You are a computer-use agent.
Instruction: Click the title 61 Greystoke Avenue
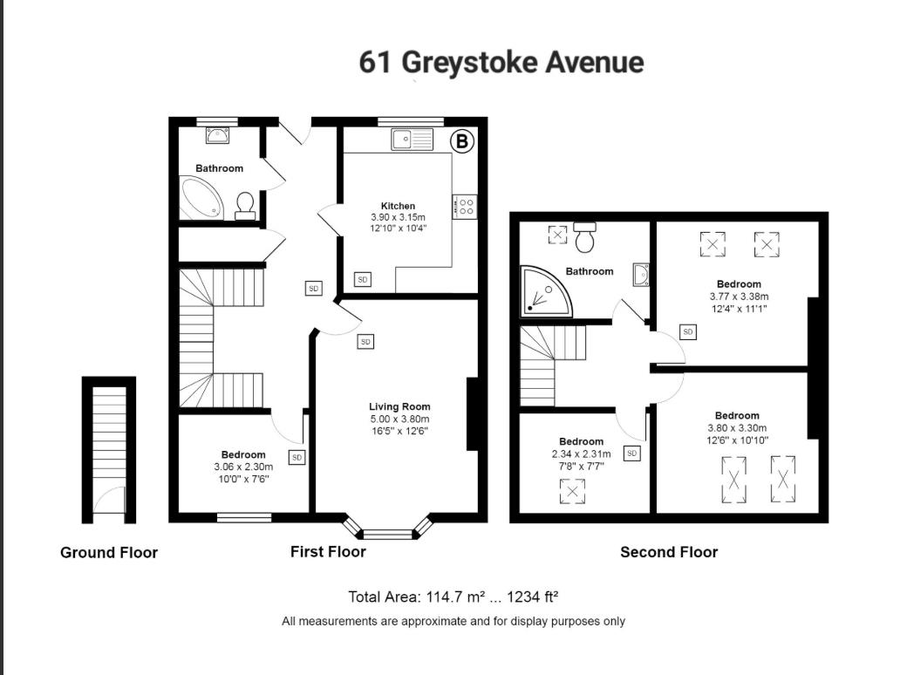click(x=501, y=63)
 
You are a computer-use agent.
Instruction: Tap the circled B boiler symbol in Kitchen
click(x=462, y=141)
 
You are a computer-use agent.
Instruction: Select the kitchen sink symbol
click(x=412, y=139)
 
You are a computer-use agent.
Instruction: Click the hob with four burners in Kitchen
click(x=466, y=206)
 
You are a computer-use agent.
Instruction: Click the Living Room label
click(x=399, y=406)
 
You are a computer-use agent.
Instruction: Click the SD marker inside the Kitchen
click(x=362, y=279)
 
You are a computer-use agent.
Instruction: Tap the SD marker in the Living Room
click(x=365, y=342)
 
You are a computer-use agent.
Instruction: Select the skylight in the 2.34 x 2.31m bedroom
click(x=572, y=492)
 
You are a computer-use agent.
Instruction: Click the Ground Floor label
click(x=109, y=552)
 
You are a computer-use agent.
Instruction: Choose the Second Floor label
click(x=669, y=552)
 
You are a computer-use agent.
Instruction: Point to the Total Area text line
click(x=453, y=597)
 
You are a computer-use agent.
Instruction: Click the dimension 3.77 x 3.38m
click(x=739, y=296)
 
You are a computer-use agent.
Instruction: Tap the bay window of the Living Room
click(x=387, y=530)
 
